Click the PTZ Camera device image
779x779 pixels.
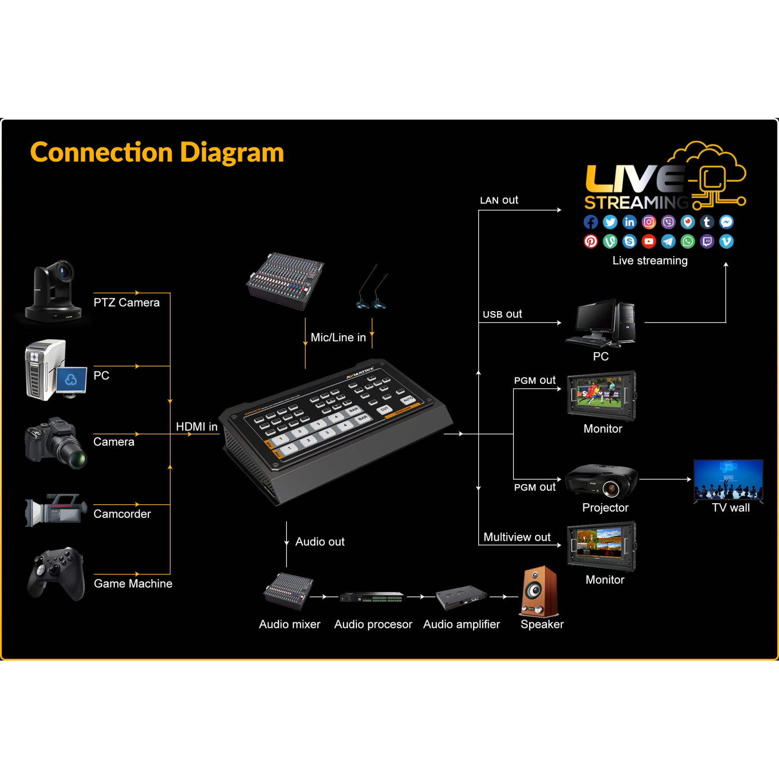coord(54,292)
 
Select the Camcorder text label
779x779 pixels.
coord(122,514)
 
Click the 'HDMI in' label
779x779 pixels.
coord(196,426)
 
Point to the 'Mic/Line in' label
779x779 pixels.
coord(338,338)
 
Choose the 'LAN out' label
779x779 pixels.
coord(499,200)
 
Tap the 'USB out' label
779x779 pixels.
coord(502,314)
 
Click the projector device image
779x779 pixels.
coord(601,481)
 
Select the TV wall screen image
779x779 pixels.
coord(728,479)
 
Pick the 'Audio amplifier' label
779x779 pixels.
coord(461,624)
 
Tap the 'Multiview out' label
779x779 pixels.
coord(517,537)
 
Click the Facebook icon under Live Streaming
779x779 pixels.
coord(590,222)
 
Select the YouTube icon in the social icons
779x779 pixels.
coord(649,241)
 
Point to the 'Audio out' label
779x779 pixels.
coord(320,542)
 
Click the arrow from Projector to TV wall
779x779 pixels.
coord(665,479)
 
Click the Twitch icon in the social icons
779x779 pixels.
coord(707,241)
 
